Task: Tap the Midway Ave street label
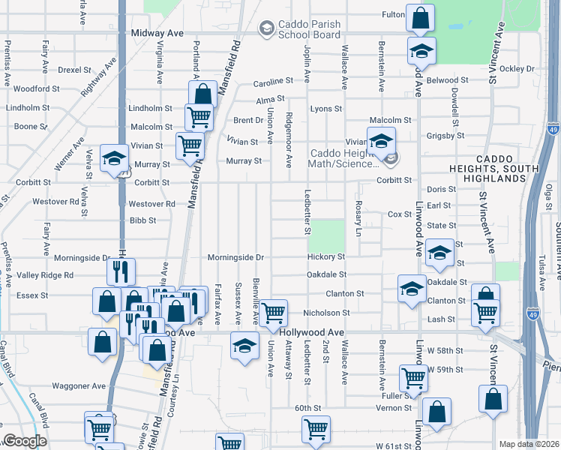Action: [157, 34]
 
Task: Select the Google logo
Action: [25, 441]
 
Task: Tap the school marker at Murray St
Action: [115, 158]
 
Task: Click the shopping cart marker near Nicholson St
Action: [274, 311]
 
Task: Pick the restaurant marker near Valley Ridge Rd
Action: [121, 271]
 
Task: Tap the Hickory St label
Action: [325, 257]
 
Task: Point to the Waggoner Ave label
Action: [79, 386]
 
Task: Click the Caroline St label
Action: [271, 82]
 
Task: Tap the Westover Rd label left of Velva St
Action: [55, 202]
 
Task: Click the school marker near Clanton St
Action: [412, 290]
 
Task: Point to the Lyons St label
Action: [326, 109]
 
